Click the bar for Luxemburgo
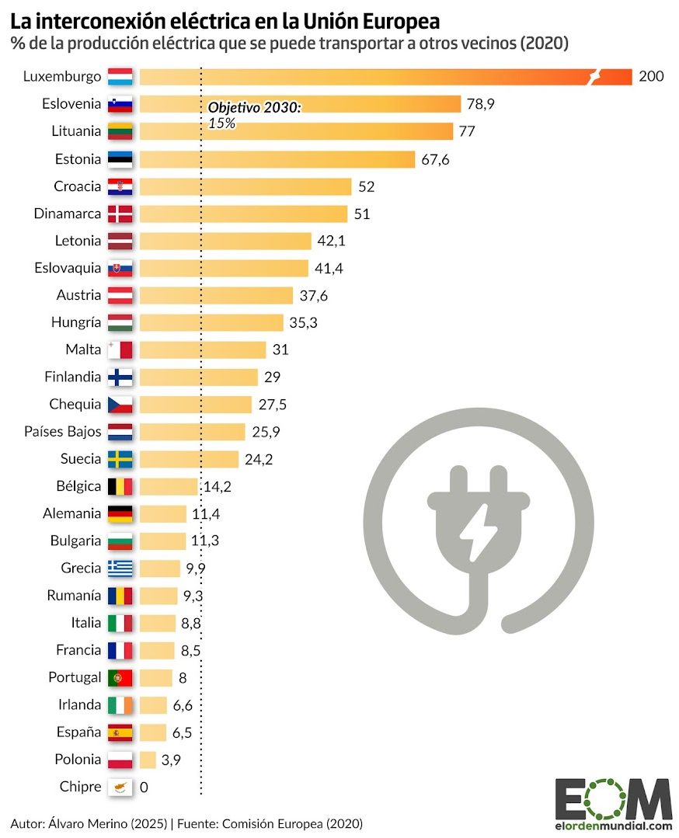pyautogui.click(x=385, y=77)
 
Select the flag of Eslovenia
pyautogui.click(x=120, y=104)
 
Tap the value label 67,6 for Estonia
pyautogui.click(x=434, y=159)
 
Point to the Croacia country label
pyautogui.click(x=78, y=186)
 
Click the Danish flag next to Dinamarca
pyautogui.click(x=120, y=214)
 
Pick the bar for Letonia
pyautogui.click(x=225, y=241)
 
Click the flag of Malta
pyautogui.click(x=120, y=349)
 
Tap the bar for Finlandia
pyautogui.click(x=198, y=377)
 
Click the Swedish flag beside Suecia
pyautogui.click(x=120, y=459)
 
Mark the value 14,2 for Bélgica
pyautogui.click(x=217, y=486)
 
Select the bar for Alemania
pyautogui.click(x=163, y=513)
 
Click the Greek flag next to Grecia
pyautogui.click(x=120, y=568)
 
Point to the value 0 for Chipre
pyautogui.click(x=144, y=787)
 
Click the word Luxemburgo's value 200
pyautogui.click(x=651, y=77)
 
